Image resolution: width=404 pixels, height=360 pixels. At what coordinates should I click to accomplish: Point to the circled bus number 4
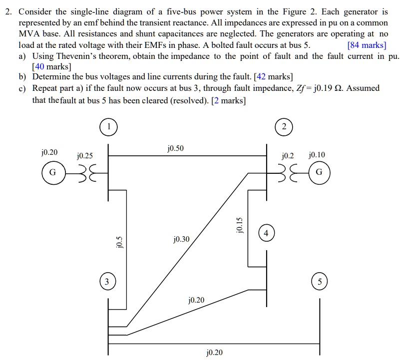point(266,233)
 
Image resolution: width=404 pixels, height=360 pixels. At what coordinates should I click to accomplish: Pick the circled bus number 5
point(320,282)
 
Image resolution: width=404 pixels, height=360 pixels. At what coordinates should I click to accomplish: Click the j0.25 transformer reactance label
point(84,156)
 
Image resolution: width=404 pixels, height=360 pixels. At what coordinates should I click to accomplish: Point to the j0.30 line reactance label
point(181,239)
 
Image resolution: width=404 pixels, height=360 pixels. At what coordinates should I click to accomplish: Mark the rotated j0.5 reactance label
point(119,243)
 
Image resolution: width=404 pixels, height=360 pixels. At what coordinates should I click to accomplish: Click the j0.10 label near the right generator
point(317,155)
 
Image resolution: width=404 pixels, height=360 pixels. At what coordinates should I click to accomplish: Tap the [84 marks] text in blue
point(367,45)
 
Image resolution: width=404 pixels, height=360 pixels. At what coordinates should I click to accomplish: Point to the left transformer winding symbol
point(84,173)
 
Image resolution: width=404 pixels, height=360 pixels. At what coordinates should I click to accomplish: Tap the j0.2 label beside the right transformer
point(289,155)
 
